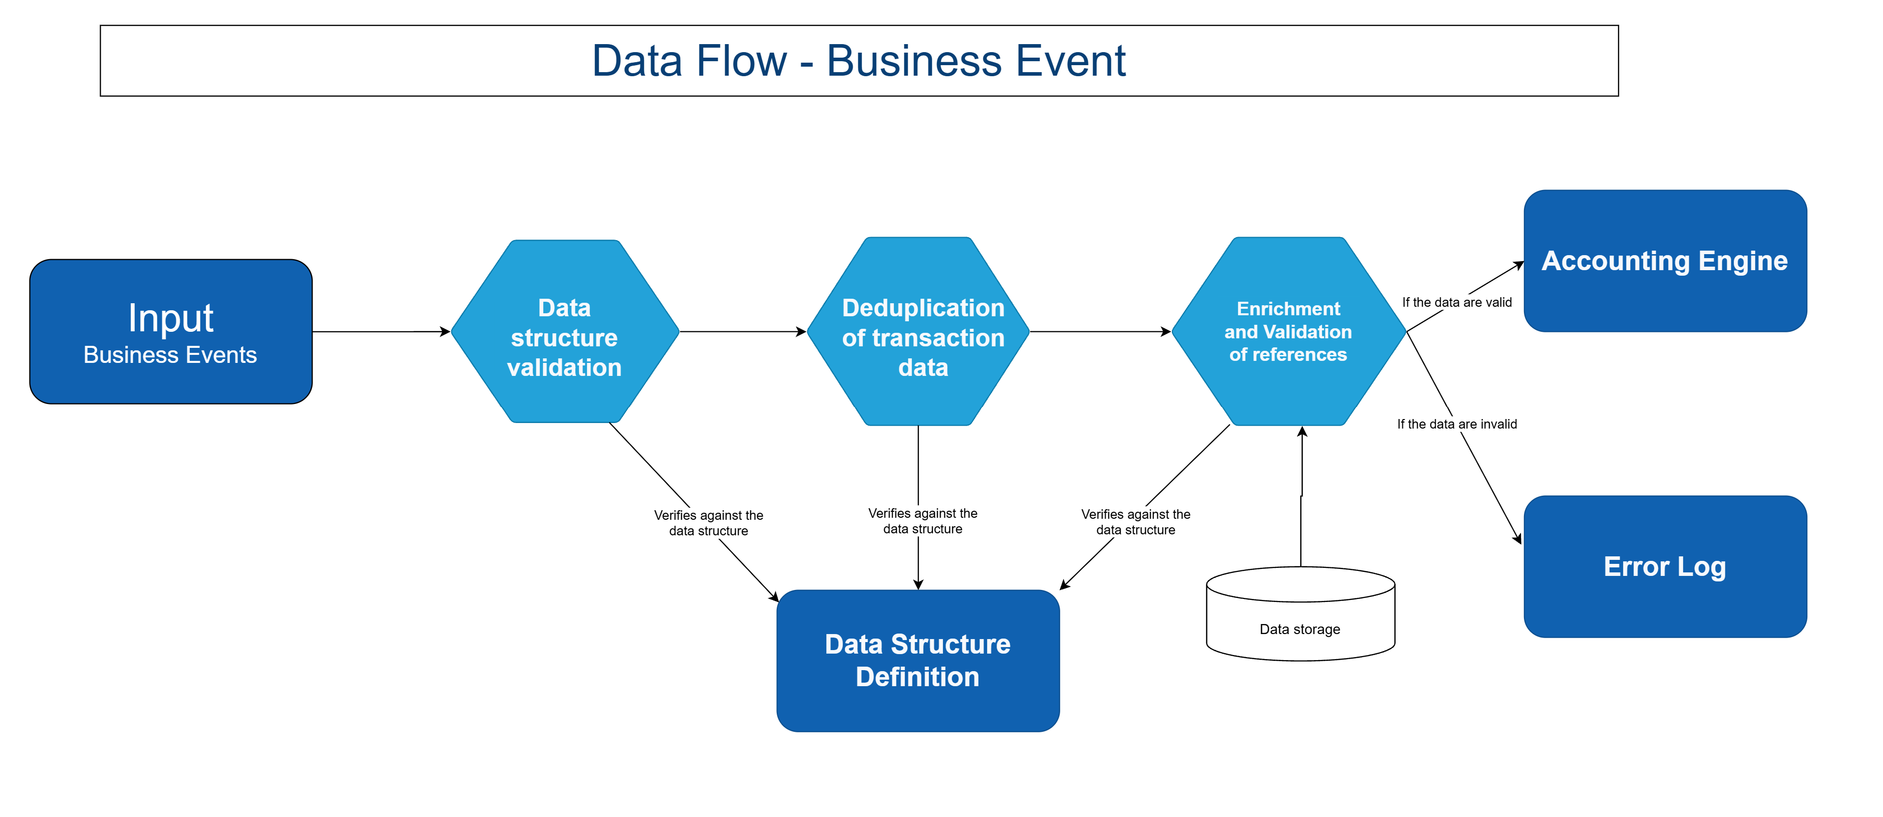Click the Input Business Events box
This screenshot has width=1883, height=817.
[170, 331]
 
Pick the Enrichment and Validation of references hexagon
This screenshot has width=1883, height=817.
[1288, 331]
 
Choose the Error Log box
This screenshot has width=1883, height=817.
[1665, 566]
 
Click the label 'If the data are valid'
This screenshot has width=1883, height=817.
[1456, 302]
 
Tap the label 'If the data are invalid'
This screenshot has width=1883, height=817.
[1456, 424]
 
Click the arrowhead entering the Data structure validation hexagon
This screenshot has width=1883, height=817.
[445, 331]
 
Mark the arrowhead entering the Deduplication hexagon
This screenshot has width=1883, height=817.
[801, 331]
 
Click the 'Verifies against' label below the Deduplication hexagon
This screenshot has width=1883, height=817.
[922, 521]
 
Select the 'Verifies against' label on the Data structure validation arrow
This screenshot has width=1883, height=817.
[708, 523]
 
